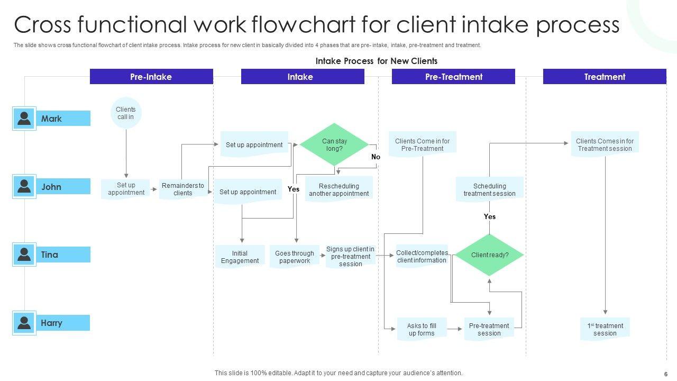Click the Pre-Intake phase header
[151, 77]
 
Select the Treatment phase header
[605, 77]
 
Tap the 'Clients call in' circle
[126, 113]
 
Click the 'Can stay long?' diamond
[334, 144]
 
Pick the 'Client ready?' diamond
[489, 255]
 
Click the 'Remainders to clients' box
[182, 189]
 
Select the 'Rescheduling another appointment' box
[339, 189]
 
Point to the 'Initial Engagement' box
[240, 257]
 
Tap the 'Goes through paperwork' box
[295, 257]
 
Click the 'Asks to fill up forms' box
[422, 329]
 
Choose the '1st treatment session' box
[605, 329]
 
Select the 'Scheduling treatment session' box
[489, 189]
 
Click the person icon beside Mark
[24, 119]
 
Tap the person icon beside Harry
[24, 323]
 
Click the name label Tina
[50, 255]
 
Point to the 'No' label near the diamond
[376, 157]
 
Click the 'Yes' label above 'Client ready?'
[490, 216]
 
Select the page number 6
[665, 373]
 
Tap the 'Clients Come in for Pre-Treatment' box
[422, 144]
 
